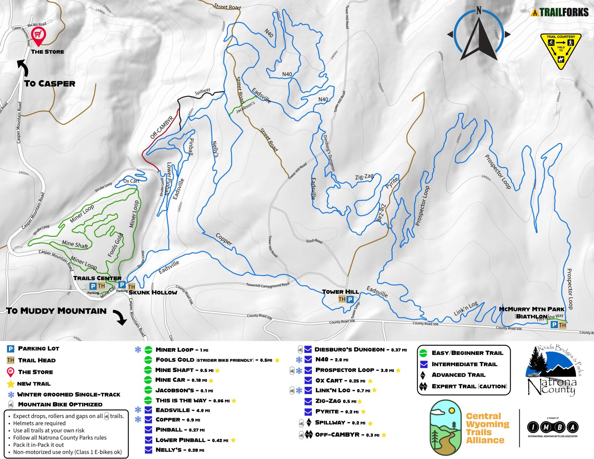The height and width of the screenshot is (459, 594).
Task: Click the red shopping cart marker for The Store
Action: (38, 34)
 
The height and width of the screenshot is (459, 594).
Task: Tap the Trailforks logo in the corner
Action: (559, 12)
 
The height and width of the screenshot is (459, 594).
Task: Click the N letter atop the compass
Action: (479, 11)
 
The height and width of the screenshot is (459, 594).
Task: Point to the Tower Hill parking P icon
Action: (350, 299)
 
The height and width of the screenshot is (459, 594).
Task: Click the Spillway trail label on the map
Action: (202, 91)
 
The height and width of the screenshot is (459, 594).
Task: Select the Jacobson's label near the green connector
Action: (246, 107)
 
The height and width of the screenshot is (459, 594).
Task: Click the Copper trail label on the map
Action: (224, 239)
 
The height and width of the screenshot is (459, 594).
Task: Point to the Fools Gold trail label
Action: (116, 245)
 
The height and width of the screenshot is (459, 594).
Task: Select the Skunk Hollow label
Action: (153, 292)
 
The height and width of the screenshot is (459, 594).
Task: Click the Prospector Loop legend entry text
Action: (345, 370)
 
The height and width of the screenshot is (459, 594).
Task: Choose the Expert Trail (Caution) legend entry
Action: (469, 386)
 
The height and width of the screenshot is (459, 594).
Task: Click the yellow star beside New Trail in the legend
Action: (11, 384)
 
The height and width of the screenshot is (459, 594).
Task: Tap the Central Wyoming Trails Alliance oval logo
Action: (446, 428)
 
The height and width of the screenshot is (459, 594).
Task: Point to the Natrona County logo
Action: (551, 371)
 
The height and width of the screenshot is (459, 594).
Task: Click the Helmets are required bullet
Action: (39, 423)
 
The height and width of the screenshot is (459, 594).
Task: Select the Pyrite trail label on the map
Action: (392, 183)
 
